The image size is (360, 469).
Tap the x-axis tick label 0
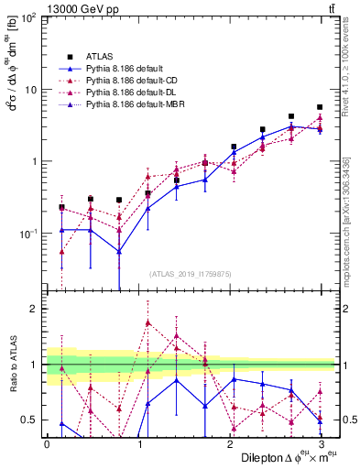pos(47,444)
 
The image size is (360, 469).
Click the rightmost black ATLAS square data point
pos(320,107)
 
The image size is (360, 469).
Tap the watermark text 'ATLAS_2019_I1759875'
pos(191,273)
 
